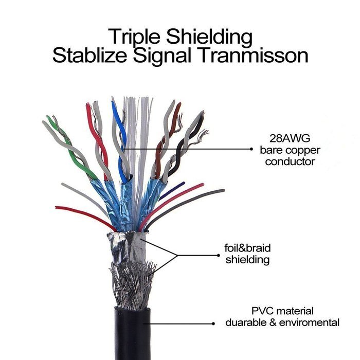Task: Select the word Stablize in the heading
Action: click(x=89, y=56)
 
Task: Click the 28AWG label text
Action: click(x=290, y=138)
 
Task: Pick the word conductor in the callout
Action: click(x=290, y=161)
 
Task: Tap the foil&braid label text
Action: click(x=247, y=248)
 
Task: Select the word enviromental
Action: click(x=309, y=322)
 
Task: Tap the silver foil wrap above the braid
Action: click(x=127, y=248)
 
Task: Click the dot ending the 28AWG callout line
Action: click(x=251, y=149)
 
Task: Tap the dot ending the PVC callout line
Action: click(x=213, y=323)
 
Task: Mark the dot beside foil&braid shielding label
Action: click(x=219, y=255)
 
